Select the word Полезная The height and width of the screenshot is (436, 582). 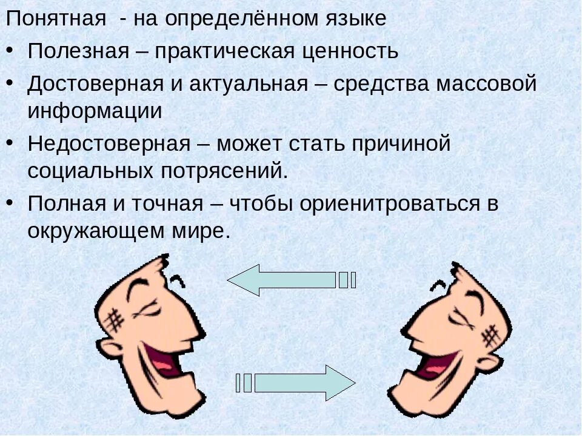click(x=78, y=51)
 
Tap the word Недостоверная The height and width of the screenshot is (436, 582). click(x=109, y=144)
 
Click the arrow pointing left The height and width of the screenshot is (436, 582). click(x=285, y=280)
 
